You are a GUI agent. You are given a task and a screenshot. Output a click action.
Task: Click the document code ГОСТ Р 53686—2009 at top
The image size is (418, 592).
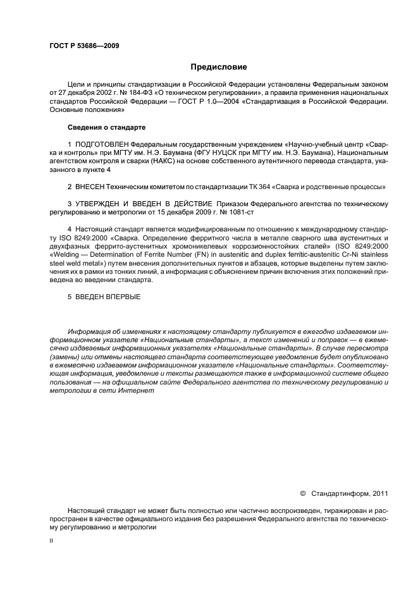[84, 46]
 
